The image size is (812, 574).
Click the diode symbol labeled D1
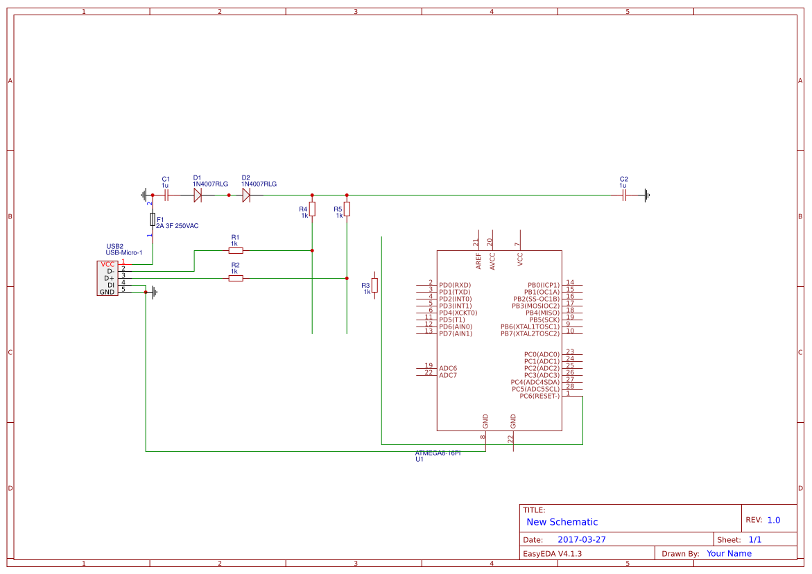198,195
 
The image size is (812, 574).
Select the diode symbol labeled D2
246,195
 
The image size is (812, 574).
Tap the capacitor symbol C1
166,195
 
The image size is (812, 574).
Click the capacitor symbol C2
624,195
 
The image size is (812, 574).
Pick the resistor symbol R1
236,250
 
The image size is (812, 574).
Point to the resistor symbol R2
236,278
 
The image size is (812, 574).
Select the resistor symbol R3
374,285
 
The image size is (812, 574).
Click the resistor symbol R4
312,209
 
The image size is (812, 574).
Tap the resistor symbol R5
347,209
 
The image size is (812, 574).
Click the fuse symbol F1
153,220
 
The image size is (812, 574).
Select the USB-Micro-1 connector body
107,278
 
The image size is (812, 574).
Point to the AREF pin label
478,261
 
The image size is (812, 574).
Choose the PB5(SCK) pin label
544,320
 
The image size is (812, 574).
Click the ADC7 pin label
448,375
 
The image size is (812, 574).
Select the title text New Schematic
562,522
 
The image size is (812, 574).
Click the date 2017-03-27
581,539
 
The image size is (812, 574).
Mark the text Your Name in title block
729,553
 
